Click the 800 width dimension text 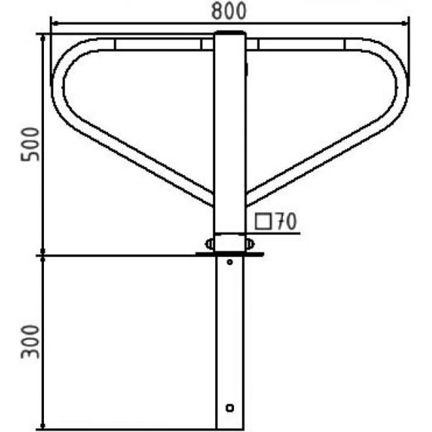pos(229,11)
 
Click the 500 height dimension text pos(31,144)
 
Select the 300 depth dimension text pos(31,342)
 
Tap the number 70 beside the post pos(287,221)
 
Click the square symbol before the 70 pos(263,221)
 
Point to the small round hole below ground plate pos(229,262)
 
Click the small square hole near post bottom pos(229,407)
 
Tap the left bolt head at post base pos(209,244)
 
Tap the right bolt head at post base pos(250,244)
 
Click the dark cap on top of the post pos(230,33)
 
